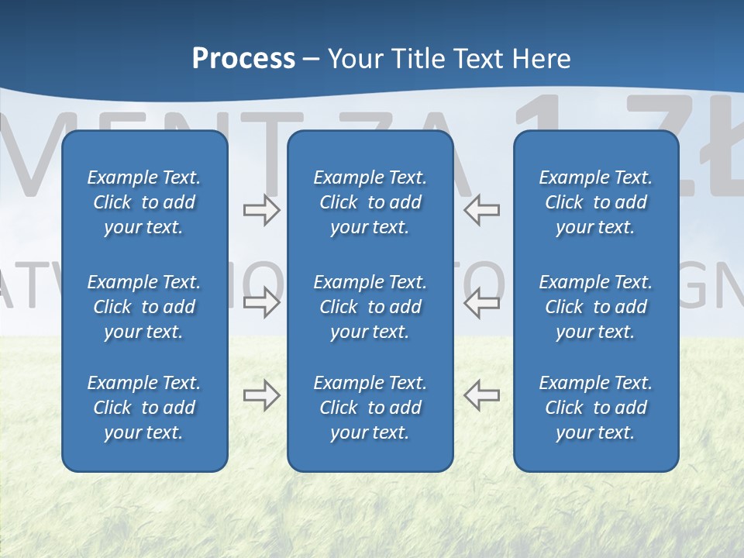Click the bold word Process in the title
[x=243, y=59]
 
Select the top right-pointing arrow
[x=261, y=210]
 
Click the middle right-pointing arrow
[x=261, y=303]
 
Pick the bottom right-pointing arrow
[x=261, y=395]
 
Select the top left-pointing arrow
[x=481, y=210]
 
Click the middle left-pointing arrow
[x=481, y=303]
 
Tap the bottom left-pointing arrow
[x=481, y=395]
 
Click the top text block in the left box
[x=144, y=202]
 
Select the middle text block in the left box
[x=144, y=307]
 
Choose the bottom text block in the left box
[x=144, y=408]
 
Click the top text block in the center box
[x=370, y=202]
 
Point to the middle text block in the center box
[x=370, y=307]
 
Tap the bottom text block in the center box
[x=370, y=408]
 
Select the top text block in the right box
[x=596, y=202]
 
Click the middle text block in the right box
[x=596, y=307]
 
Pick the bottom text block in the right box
[x=596, y=408]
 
